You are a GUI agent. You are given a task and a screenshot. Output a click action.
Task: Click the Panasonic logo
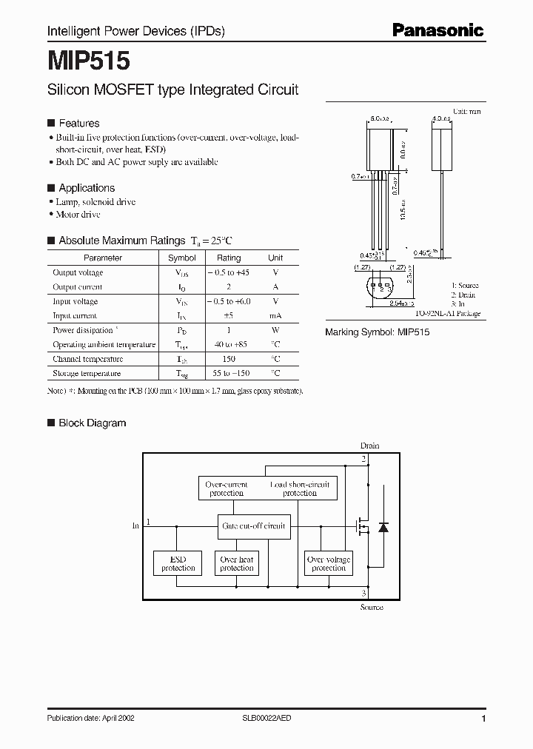coord(437,30)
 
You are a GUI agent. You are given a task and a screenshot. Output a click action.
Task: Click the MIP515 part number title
coord(89,59)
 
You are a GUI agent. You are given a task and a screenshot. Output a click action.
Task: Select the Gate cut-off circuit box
coord(254,526)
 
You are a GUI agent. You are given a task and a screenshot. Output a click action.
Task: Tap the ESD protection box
coord(178,563)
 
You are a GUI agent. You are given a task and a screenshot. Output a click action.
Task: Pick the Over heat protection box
coord(237,563)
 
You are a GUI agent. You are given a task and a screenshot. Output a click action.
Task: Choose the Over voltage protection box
coord(328,563)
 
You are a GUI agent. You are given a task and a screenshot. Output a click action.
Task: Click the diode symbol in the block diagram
coord(383,527)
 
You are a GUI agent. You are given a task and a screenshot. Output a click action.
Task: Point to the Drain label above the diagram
coord(369,446)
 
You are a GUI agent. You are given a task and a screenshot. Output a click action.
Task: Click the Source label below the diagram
coord(371,607)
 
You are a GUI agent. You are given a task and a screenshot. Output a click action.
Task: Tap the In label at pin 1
coord(135,525)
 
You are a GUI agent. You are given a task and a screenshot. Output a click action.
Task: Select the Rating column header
coord(228,258)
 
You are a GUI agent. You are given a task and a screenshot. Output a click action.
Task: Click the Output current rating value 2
coord(228,287)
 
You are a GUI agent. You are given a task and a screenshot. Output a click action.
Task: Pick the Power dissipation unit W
coord(275,330)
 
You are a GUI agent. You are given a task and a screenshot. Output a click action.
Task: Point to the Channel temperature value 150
coord(228,359)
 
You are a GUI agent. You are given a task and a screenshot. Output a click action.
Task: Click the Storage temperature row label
coord(87,374)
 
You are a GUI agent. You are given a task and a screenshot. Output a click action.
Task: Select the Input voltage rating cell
coord(228,301)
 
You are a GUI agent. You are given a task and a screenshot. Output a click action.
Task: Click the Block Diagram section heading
coord(92,423)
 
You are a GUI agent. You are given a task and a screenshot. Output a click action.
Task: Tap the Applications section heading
coord(86,188)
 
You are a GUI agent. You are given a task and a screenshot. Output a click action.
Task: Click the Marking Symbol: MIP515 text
coord(378,332)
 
